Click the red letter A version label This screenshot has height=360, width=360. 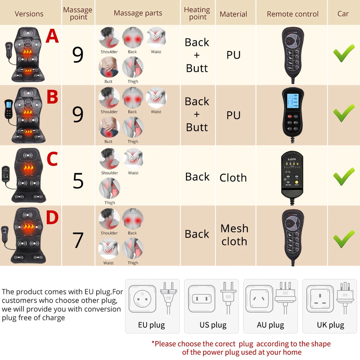52,37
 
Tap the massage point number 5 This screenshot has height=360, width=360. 78,181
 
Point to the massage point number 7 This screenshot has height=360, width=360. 78,240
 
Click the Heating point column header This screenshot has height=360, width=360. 197,13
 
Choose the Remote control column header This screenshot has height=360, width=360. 292,14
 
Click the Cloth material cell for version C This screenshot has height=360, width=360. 233,178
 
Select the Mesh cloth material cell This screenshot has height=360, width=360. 234,235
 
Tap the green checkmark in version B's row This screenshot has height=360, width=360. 343,113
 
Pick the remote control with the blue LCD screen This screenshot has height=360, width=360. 293,112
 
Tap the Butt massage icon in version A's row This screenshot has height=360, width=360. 109,67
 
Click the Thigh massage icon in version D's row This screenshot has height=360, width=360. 133,248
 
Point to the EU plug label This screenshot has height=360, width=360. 152,325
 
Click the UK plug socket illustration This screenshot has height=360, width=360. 320,298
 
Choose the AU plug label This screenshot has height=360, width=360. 270,325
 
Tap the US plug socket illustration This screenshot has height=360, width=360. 201,298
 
